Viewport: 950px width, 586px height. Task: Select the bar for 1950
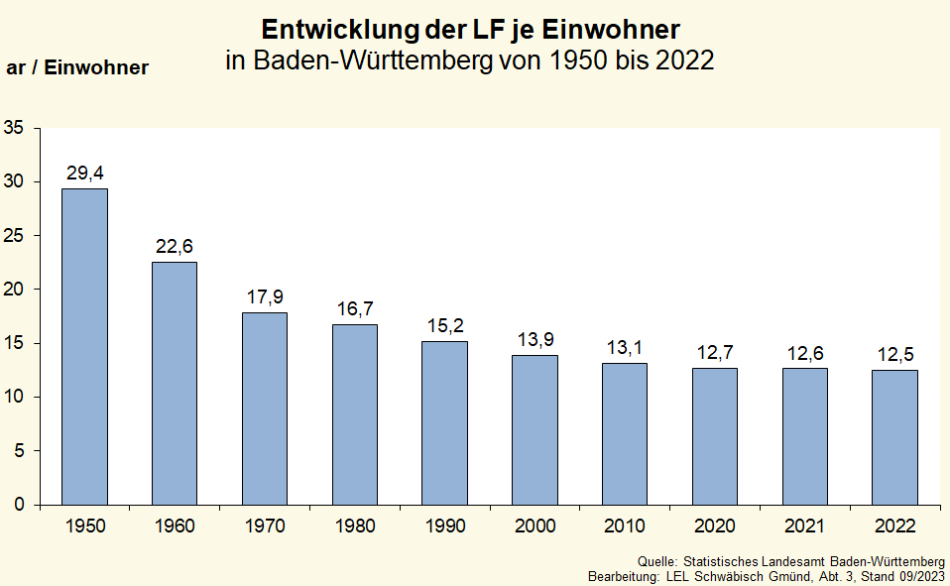84,347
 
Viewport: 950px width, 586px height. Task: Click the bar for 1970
265,409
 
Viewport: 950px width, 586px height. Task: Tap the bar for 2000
534,429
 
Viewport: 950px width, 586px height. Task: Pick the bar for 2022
894,437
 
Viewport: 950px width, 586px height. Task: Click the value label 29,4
84,174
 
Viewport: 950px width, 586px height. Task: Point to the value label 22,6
175,247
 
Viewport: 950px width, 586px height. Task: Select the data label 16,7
355,309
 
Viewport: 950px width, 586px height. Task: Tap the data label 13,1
625,348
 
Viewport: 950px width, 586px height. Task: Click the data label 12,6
804,353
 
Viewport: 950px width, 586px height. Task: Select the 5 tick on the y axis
19,450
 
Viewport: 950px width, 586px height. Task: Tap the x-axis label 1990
444,525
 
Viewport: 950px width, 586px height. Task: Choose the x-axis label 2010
625,525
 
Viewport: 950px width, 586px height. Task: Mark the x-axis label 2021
804,525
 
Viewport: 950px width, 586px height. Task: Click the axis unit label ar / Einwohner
77,68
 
